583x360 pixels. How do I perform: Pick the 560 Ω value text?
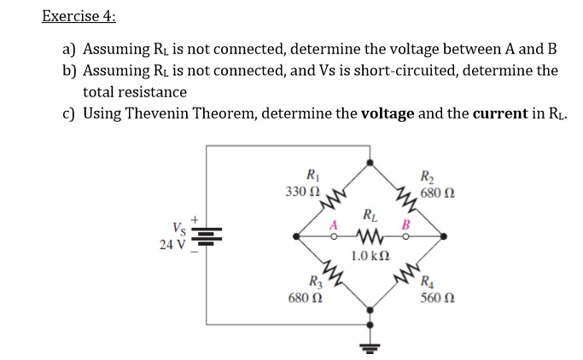tap(437, 299)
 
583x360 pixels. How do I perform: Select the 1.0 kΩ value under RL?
tap(370, 255)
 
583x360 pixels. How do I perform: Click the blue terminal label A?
tap(335, 224)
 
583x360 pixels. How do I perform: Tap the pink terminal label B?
tap(406, 224)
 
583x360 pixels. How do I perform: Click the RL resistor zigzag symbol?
tap(369, 235)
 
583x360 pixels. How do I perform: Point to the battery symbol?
tap(211, 235)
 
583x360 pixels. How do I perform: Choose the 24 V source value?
tap(172, 244)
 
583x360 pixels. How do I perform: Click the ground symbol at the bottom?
tap(370, 345)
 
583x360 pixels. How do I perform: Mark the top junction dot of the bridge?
tap(370, 160)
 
